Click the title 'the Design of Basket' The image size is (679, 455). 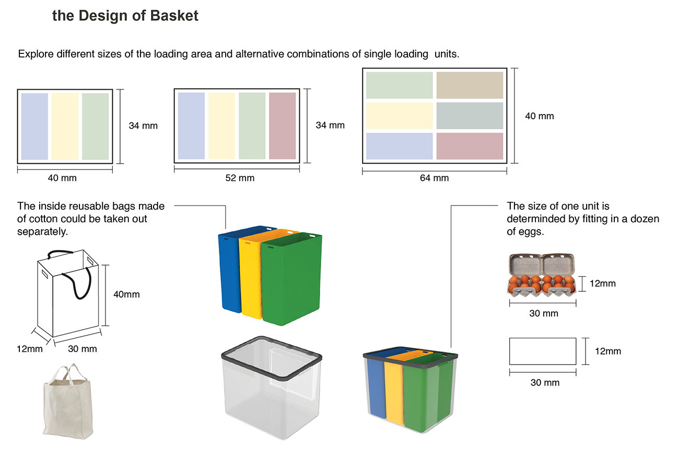click(125, 16)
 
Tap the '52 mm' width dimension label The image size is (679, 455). click(240, 178)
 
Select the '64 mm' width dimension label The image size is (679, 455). click(434, 178)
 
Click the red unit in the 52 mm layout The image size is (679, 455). click(283, 126)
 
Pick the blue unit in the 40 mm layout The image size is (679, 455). click(34, 127)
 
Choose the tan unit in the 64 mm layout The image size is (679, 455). click(470, 85)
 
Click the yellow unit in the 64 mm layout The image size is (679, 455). click(400, 116)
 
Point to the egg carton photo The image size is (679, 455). click(542, 276)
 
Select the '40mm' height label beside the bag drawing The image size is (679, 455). click(126, 294)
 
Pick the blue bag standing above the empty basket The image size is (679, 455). click(230, 272)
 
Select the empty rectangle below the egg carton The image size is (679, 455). click(543, 351)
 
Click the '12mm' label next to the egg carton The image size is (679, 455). click(603, 283)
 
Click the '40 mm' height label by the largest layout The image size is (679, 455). click(539, 116)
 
